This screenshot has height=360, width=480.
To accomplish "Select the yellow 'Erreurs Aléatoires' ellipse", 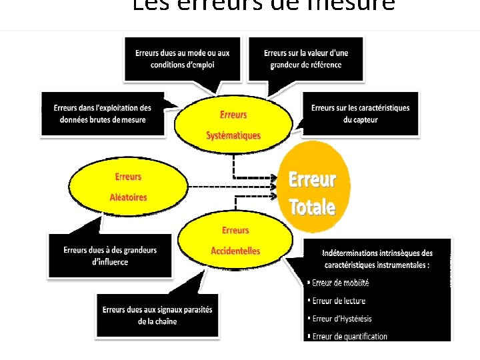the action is (x=128, y=187).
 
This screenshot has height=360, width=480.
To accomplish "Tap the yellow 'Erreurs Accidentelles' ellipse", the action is (x=235, y=240).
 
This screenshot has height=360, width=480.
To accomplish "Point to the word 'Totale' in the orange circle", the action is (x=312, y=207).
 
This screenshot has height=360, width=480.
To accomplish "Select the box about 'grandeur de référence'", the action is (x=305, y=59).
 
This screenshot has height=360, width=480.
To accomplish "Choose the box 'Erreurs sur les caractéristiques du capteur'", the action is (x=360, y=113).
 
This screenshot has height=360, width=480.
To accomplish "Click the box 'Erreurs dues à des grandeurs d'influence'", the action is (x=110, y=256).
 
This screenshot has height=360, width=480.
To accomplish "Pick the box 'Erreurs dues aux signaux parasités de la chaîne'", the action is (x=157, y=315).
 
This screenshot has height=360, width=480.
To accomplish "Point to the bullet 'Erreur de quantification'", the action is (x=349, y=336).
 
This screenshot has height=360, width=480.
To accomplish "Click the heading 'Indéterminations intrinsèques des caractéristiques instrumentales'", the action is (x=377, y=258).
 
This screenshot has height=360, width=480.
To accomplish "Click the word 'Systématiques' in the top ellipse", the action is (x=233, y=135).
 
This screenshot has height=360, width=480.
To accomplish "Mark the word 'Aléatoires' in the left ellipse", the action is (x=128, y=197).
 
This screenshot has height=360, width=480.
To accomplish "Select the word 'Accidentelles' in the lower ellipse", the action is (x=235, y=251).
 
